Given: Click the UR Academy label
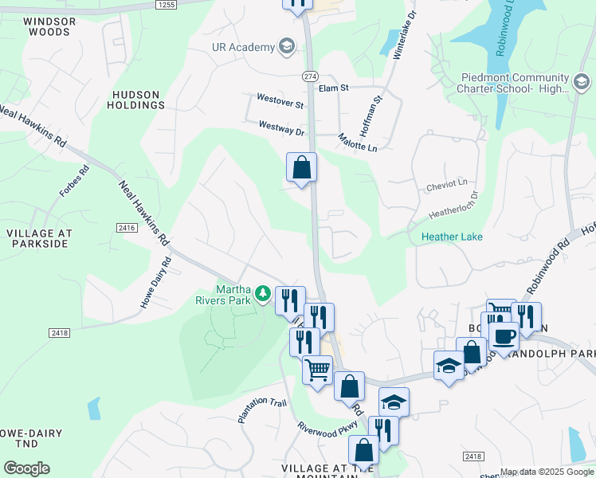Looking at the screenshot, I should [242, 48].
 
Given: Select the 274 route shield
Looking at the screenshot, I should [310, 76].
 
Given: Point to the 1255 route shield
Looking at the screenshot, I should [166, 5].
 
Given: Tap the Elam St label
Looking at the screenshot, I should [335, 89].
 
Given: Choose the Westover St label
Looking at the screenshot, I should [280, 104].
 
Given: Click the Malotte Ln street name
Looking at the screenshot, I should [357, 138].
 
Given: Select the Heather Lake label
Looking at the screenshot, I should [452, 237].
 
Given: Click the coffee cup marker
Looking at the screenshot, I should [504, 337].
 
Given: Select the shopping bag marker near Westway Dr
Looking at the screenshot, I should [301, 168].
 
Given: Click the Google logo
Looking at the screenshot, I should [27, 468].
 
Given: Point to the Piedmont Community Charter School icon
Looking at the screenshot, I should [582, 82].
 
